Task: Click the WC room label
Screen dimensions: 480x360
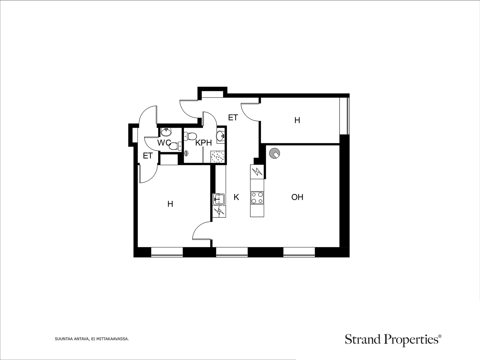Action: pyautogui.click(x=164, y=143)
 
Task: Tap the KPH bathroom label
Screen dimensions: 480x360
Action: pyautogui.click(x=203, y=143)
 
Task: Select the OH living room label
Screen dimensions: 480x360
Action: pyautogui.click(x=297, y=197)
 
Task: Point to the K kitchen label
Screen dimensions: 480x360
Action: pyautogui.click(x=236, y=197)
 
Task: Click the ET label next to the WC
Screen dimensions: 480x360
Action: pyautogui.click(x=148, y=156)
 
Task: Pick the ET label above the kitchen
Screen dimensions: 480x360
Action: pyautogui.click(x=233, y=118)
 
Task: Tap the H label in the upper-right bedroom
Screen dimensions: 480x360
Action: pyautogui.click(x=297, y=120)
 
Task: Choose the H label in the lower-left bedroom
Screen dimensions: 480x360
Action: pyautogui.click(x=170, y=204)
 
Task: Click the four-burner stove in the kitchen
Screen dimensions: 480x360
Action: pyautogui.click(x=257, y=198)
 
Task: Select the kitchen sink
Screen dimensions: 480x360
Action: pyautogui.click(x=219, y=199)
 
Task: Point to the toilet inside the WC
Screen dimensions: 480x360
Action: pyautogui.click(x=175, y=146)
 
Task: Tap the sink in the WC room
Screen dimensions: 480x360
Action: pyautogui.click(x=166, y=132)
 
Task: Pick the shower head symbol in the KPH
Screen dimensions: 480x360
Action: pyautogui.click(x=187, y=153)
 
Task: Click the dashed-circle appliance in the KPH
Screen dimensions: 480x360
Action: pyautogui.click(x=218, y=157)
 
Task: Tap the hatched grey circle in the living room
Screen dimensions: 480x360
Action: pyautogui.click(x=274, y=153)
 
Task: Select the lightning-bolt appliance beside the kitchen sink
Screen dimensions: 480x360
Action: pyautogui.click(x=219, y=211)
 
